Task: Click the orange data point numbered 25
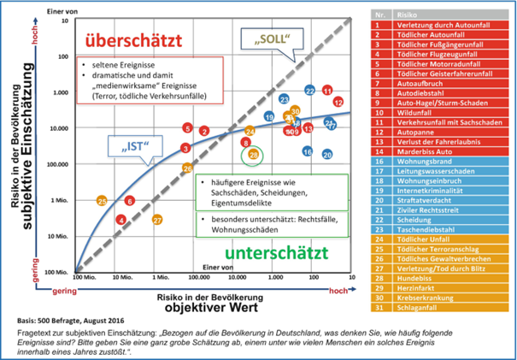click(101, 201)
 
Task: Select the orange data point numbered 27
click(157, 220)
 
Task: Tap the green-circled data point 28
click(253, 154)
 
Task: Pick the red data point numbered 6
click(129, 201)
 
